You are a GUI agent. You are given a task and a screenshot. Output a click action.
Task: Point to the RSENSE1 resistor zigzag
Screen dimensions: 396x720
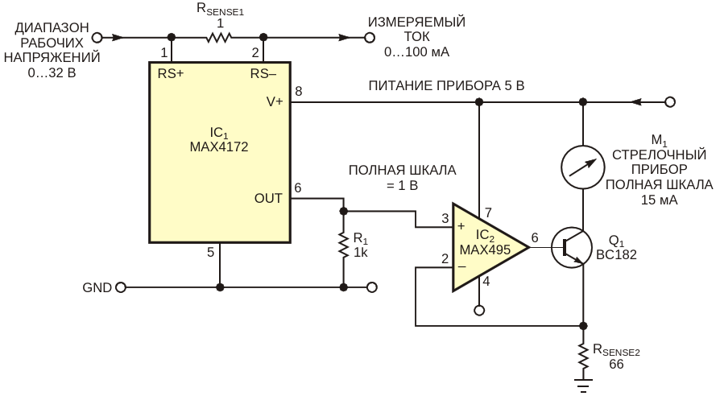tap(217, 37)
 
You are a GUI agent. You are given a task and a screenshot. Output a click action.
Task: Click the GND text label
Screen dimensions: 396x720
tap(97, 287)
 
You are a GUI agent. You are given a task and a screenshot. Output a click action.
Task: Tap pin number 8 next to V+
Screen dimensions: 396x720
tap(299, 91)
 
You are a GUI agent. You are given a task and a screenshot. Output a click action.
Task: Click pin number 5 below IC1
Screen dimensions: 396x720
tap(211, 253)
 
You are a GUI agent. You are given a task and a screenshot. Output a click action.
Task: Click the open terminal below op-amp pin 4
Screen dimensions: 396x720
tap(478, 310)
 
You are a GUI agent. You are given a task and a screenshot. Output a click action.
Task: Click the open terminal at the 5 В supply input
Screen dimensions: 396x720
tap(669, 102)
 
